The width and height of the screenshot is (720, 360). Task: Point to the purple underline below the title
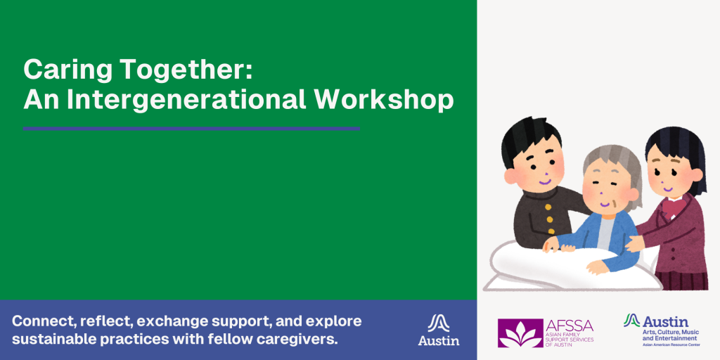191,129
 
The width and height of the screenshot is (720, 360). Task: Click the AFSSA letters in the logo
569,326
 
